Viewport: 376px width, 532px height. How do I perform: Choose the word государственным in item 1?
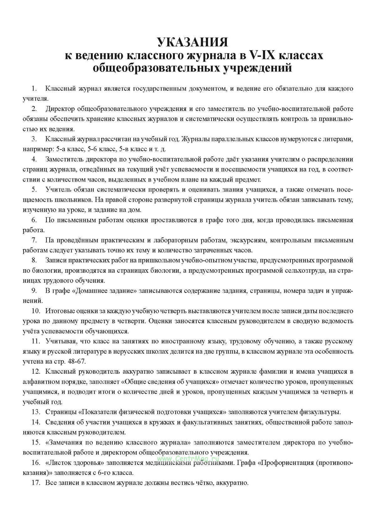pyautogui.click(x=160, y=88)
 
